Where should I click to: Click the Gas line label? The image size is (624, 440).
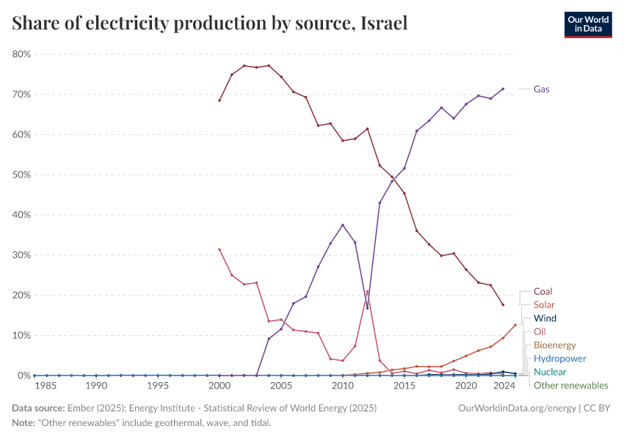[x=542, y=89]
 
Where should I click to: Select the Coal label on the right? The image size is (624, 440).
[x=543, y=291]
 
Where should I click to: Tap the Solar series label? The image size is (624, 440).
[x=544, y=304]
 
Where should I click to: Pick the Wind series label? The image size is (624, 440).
[x=545, y=318]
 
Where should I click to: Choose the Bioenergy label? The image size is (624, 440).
[x=554, y=345]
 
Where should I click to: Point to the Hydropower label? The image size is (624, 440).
[x=559, y=359]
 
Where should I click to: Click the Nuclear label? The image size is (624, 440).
[x=550, y=372]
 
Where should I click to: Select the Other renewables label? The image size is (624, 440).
[x=570, y=385]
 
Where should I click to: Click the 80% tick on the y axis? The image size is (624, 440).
[x=21, y=54]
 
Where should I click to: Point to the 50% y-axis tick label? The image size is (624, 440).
[x=21, y=175]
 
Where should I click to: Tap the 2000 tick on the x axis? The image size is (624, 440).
[x=220, y=385]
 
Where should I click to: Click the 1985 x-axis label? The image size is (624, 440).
[x=46, y=385]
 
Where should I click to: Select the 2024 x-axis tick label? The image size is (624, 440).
[x=503, y=385]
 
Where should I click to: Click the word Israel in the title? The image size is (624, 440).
[x=384, y=23]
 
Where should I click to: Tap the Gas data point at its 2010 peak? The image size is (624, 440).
[x=343, y=225]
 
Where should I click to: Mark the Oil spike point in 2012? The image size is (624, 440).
[x=368, y=292]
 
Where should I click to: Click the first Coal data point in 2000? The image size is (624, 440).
[x=220, y=100]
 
